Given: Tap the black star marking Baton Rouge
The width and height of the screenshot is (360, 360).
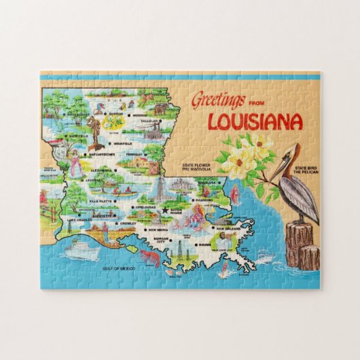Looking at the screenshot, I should click(x=164, y=211).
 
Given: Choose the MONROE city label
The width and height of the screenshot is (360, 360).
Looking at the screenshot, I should click(x=140, y=115).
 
